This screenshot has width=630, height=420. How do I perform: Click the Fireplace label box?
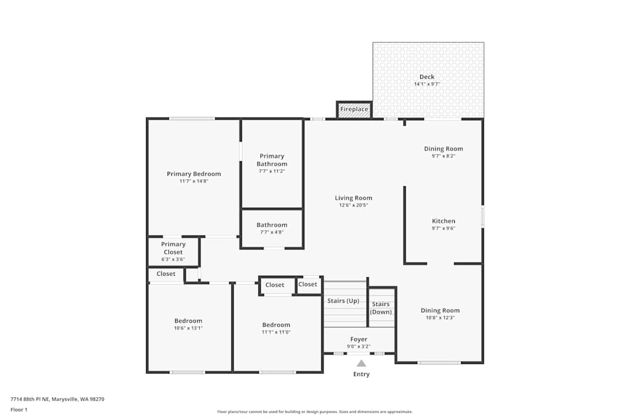[354, 110]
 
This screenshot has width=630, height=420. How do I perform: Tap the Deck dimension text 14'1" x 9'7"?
[427, 84]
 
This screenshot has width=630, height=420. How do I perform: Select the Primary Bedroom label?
[193, 174]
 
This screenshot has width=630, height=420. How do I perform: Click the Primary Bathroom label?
[272, 160]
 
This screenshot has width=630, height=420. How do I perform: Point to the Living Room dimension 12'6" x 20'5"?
[353, 205]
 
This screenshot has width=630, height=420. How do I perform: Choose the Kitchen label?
[444, 221]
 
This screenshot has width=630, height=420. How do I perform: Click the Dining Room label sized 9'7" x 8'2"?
[443, 149]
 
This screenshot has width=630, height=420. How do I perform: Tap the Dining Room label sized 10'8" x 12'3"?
[440, 310]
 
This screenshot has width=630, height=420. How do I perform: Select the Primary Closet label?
[173, 248]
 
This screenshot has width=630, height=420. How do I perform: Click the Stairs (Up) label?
[343, 301]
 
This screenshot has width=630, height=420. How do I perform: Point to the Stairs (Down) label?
[381, 308]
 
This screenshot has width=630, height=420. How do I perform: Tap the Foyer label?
[358, 339]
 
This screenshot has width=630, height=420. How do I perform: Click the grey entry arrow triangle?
[361, 363]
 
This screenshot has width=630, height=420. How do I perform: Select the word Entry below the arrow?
[361, 374]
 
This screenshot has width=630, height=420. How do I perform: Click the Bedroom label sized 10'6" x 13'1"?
[188, 321]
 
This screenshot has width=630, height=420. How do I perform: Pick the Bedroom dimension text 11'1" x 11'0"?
[276, 332]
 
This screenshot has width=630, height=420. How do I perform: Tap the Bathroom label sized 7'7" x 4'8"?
[272, 225]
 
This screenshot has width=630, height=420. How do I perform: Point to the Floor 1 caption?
[19, 409]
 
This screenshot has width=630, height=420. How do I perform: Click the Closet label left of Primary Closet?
[166, 274]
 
